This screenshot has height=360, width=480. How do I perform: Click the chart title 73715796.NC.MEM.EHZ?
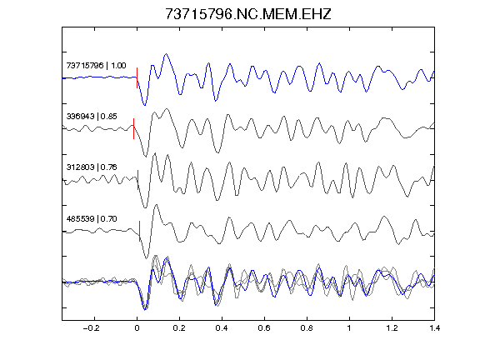(x=248, y=14)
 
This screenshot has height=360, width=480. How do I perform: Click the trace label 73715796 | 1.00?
(x=96, y=66)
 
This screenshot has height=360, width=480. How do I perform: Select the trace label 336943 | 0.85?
(x=92, y=117)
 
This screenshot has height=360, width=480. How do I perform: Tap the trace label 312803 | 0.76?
(x=92, y=167)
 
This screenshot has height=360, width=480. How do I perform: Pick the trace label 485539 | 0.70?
(x=92, y=218)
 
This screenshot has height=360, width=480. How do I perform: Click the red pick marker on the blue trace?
(x=137, y=77)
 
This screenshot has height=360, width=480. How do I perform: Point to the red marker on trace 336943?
(x=134, y=128)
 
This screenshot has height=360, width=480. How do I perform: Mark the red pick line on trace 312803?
(x=137, y=180)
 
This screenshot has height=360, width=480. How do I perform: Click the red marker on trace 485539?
(x=140, y=231)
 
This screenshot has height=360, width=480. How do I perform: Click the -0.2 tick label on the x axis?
(x=92, y=328)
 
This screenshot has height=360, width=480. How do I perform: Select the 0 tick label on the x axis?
(x=137, y=328)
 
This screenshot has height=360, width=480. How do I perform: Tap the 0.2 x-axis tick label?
(x=179, y=328)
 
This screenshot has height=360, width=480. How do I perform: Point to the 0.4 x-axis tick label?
(x=222, y=328)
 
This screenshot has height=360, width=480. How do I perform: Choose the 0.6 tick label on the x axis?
(x=264, y=328)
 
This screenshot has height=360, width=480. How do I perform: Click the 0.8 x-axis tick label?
(x=307, y=328)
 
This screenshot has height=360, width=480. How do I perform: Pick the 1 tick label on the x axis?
(x=349, y=328)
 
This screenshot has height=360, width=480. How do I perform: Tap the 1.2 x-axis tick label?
(x=392, y=328)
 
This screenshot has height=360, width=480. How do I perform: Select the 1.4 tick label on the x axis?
(x=434, y=328)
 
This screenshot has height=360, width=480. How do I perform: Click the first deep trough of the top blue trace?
(x=144, y=105)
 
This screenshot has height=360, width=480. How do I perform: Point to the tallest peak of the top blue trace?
(x=166, y=54)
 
